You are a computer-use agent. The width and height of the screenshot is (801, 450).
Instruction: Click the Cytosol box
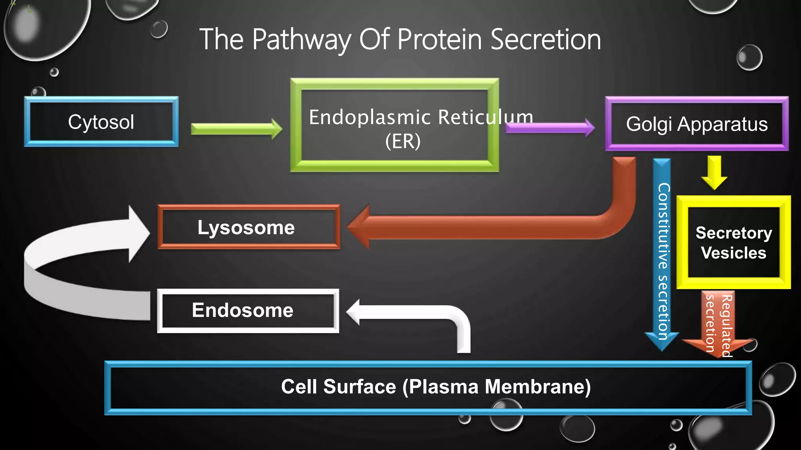101,122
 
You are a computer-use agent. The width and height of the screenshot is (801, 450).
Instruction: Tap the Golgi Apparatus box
697,124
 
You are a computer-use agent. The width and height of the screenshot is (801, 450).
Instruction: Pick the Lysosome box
249,227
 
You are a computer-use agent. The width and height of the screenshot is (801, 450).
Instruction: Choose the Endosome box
248,311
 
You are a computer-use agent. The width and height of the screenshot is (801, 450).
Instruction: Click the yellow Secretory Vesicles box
733,243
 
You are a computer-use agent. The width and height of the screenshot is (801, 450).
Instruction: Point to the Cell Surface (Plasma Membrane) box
428,387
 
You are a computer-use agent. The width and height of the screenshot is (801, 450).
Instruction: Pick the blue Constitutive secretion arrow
662,254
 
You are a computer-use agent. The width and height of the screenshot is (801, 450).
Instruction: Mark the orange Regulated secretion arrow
718,324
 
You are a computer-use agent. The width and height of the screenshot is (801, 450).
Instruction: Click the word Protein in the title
439,39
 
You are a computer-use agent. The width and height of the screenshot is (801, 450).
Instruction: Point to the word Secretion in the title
545,39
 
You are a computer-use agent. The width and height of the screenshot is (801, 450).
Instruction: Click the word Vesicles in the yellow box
733,253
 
